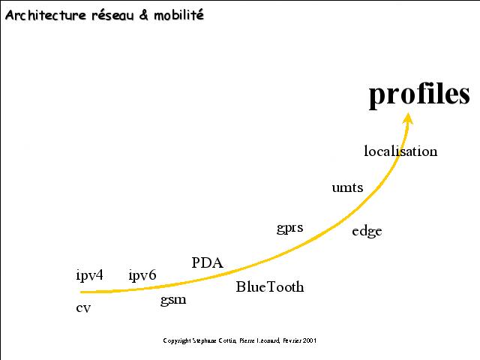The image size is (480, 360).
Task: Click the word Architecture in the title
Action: (46, 15)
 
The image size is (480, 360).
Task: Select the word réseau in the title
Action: (113, 15)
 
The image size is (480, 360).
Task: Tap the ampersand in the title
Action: (144, 15)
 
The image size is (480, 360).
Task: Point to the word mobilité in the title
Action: (178, 15)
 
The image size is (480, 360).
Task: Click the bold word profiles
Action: (419, 94)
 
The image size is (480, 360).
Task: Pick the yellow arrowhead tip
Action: (408, 113)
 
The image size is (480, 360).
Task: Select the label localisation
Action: (400, 151)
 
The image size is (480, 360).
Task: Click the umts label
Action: (347, 187)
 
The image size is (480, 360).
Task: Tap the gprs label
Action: (290, 228)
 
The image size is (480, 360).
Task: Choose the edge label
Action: (367, 232)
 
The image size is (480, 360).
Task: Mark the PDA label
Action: (207, 262)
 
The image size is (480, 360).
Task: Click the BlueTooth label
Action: (270, 286)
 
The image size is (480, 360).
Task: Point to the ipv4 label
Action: (89, 275)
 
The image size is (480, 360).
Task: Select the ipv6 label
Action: (142, 275)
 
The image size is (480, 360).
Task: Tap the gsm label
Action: (173, 300)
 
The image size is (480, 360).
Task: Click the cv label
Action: (83, 308)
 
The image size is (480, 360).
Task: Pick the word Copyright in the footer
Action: (177, 340)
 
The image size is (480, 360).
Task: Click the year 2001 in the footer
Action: (310, 340)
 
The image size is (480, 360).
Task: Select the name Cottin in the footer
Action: (227, 340)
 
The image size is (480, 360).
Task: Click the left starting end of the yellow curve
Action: (81, 292)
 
